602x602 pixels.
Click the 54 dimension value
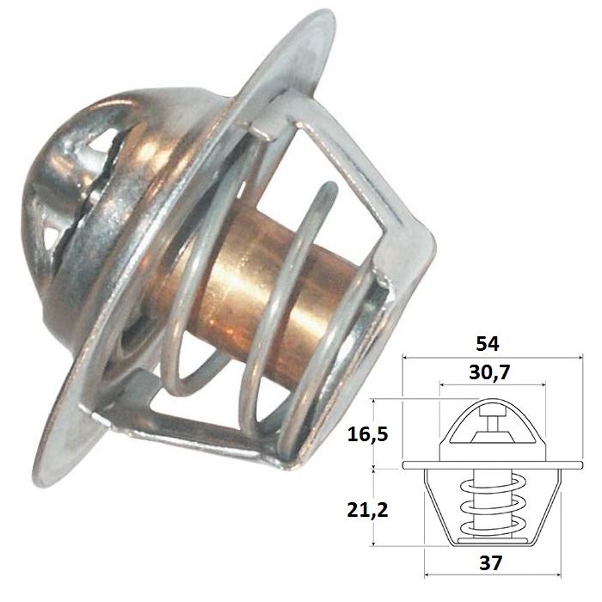click(488, 344)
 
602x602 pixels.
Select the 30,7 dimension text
click(489, 372)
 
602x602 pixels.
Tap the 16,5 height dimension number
click(367, 434)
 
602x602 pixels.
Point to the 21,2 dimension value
click(367, 510)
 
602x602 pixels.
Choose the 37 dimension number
click(491, 563)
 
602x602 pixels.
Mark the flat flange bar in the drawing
click(493, 465)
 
